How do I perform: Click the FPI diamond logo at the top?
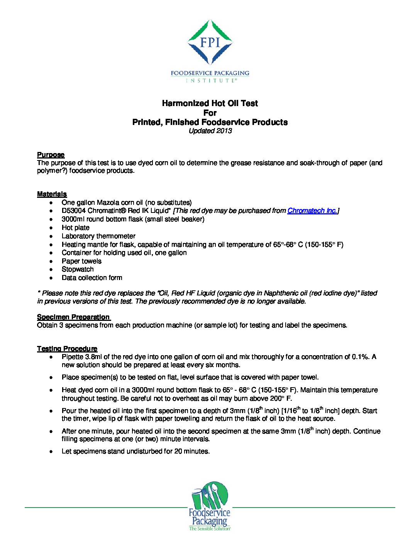point(210,42)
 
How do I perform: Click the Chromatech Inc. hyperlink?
point(312,211)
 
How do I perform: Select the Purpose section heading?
point(51,155)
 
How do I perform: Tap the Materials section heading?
point(52,194)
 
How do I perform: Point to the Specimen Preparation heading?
point(73,317)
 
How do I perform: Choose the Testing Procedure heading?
point(67,349)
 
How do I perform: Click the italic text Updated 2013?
point(210,131)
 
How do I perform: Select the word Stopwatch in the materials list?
point(78,269)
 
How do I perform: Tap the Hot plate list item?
point(76,228)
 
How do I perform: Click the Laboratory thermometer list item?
point(98,236)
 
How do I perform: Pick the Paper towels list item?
point(81,261)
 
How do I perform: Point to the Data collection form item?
point(92,278)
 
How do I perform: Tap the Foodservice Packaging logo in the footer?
point(210,506)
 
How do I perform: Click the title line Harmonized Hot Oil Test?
point(210,103)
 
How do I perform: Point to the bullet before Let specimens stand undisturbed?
point(51,451)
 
